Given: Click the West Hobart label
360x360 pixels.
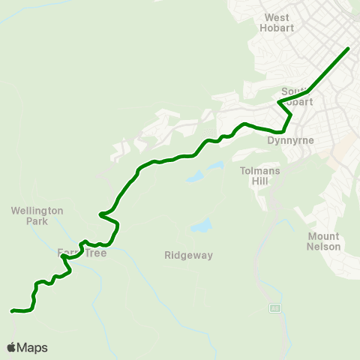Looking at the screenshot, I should coord(277,22).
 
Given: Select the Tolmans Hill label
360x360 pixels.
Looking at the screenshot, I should coord(259,175).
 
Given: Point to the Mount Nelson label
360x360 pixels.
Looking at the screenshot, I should coord(324,241).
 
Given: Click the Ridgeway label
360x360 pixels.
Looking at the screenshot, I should coord(189,256).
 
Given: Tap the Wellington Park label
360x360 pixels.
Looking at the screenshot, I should coord(37,216).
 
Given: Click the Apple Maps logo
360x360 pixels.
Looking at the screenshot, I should coord(27,347).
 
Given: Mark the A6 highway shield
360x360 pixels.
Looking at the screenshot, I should coord(275,308).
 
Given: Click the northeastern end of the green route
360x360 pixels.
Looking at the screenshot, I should coord(349,49).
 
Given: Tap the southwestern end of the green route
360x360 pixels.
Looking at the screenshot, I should coord(12,310).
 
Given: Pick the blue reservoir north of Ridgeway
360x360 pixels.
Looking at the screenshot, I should coord(200,226).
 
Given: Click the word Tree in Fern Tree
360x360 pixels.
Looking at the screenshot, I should coord(95,253).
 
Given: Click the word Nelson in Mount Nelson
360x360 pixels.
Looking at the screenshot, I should coord(324,247).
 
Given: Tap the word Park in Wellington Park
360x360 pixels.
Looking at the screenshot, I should coord(35,221).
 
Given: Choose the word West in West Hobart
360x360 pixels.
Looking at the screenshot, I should coord(277,17).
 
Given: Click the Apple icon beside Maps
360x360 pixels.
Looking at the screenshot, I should coord(11,347).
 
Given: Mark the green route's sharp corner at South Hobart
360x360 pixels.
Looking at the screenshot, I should coord(279,102).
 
